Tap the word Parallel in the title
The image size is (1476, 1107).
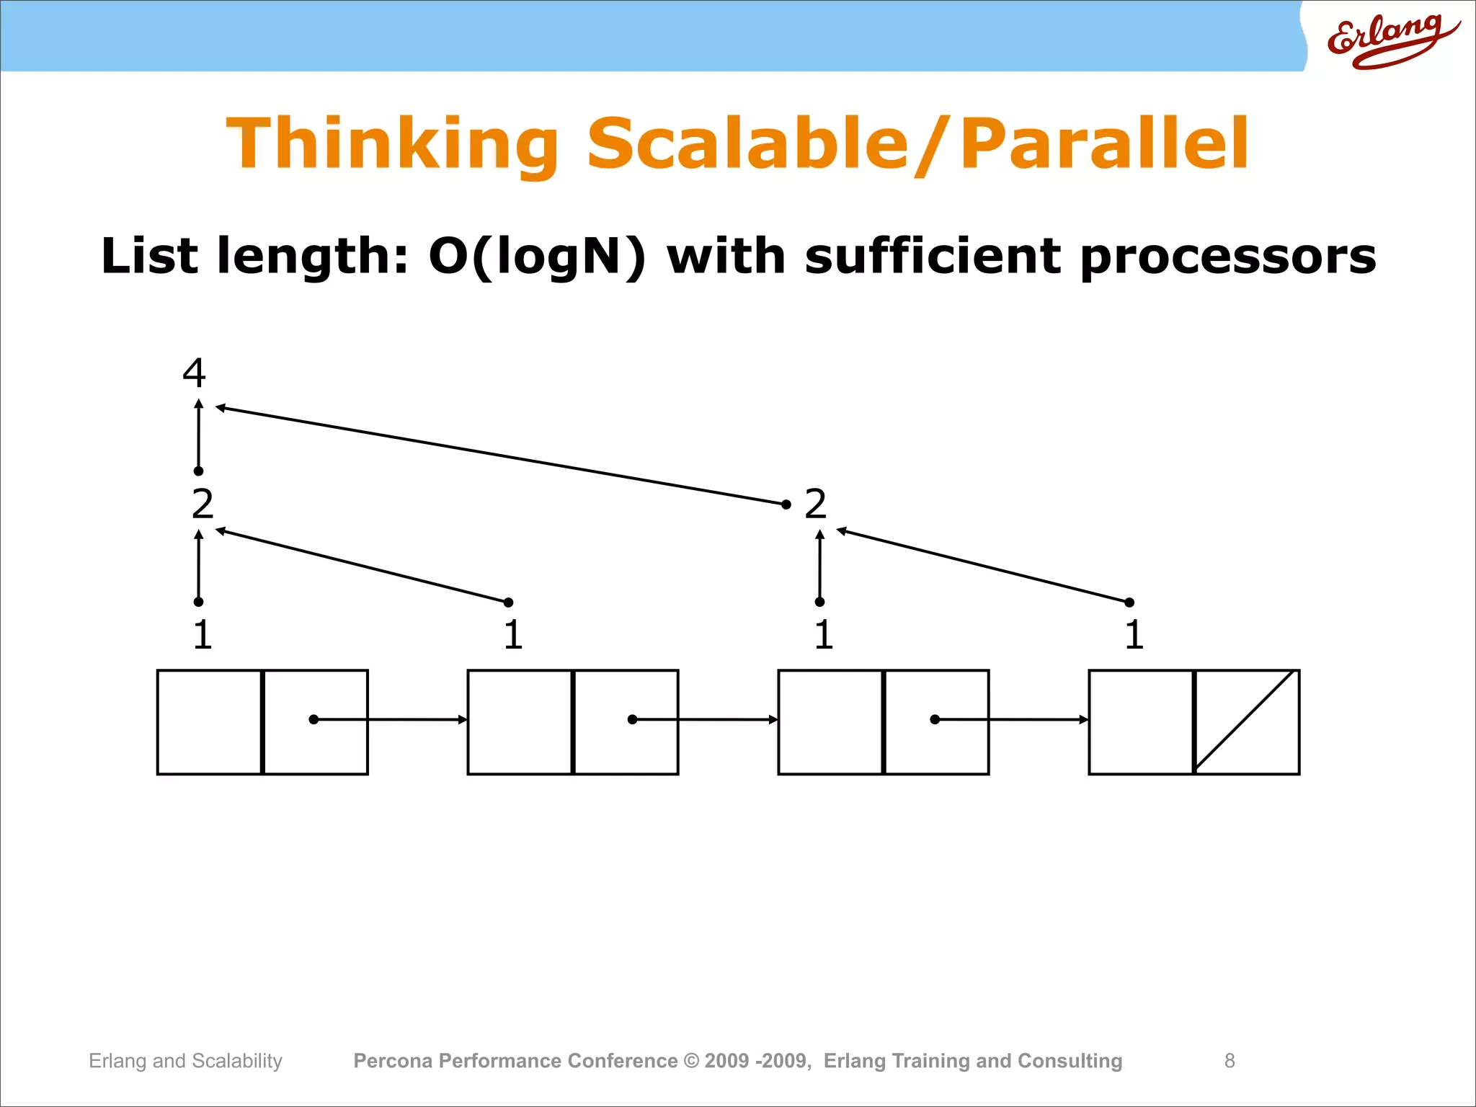(1104, 144)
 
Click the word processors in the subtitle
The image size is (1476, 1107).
(1228, 257)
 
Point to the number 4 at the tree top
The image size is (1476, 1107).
(194, 373)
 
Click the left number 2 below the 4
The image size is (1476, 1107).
(203, 503)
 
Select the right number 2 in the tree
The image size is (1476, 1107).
(815, 503)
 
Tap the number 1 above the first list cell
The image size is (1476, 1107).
(203, 634)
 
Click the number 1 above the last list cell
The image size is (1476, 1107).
(1134, 634)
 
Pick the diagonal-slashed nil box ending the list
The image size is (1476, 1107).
(1247, 722)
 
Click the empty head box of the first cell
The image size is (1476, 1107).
(210, 722)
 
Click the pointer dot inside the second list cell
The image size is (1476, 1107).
(632, 719)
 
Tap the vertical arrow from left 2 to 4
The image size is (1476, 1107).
(199, 436)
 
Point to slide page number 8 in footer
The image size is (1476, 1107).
(1230, 1061)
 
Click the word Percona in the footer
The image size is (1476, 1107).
(393, 1061)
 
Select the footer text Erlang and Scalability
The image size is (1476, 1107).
(185, 1061)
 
